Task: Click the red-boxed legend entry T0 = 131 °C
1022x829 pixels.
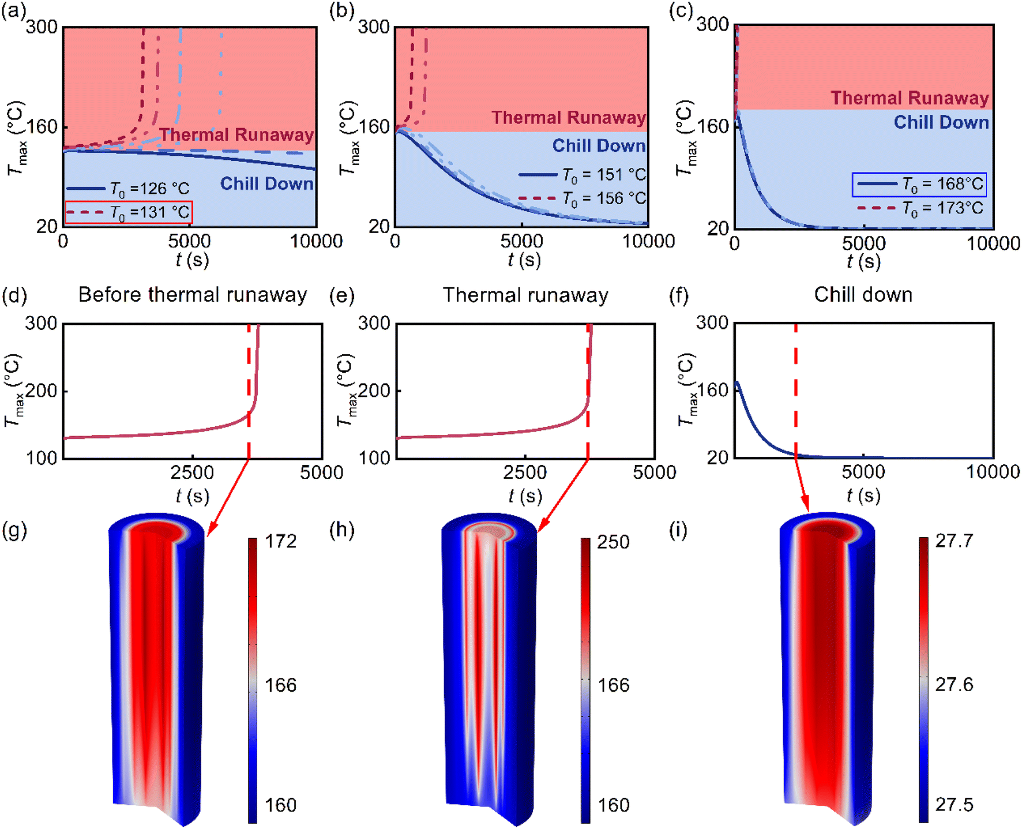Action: point(129,212)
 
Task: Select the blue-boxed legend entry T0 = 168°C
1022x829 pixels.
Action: point(919,185)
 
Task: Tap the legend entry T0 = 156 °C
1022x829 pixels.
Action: point(583,198)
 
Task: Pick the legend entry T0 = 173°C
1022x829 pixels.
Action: point(920,208)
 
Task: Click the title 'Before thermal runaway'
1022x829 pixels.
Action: point(193,295)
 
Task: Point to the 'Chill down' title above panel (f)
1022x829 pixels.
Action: point(863,295)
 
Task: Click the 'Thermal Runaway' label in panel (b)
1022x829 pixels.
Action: point(568,118)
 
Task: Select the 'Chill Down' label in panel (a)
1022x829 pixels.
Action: point(266,183)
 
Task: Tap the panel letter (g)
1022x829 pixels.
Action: point(14,530)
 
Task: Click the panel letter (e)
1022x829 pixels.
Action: point(341,295)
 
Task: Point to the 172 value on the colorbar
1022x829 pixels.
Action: point(280,541)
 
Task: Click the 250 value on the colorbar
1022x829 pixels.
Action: point(613,542)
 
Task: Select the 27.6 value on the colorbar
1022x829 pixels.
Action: point(954,685)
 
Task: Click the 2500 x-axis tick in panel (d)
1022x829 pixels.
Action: point(192,473)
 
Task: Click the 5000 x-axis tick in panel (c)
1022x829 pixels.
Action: point(863,243)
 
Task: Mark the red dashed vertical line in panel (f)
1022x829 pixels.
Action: point(795,392)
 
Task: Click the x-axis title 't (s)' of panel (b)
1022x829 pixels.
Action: point(524,260)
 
